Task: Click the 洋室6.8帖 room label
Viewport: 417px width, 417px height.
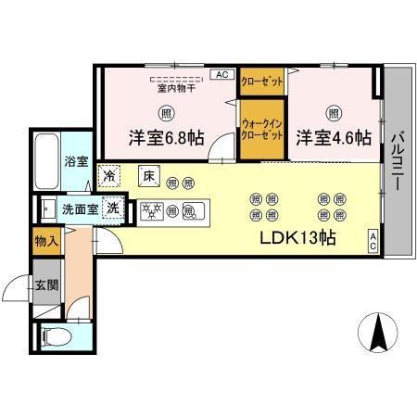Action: pyautogui.click(x=166, y=139)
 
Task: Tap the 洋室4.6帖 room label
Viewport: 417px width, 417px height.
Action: pyautogui.click(x=334, y=139)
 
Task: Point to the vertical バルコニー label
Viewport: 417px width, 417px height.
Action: pyautogui.click(x=396, y=162)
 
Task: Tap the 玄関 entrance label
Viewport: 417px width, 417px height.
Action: pyautogui.click(x=46, y=285)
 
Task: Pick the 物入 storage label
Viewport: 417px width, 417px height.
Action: pyautogui.click(x=46, y=241)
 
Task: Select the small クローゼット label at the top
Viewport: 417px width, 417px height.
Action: pyautogui.click(x=262, y=81)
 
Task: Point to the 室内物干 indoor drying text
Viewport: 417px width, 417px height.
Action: pyautogui.click(x=174, y=89)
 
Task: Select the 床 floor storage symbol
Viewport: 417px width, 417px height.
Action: pyautogui.click(x=147, y=173)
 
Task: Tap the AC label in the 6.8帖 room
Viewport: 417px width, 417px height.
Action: pyautogui.click(x=222, y=74)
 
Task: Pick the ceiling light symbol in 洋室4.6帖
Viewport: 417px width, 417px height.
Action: pyautogui.click(x=333, y=113)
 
